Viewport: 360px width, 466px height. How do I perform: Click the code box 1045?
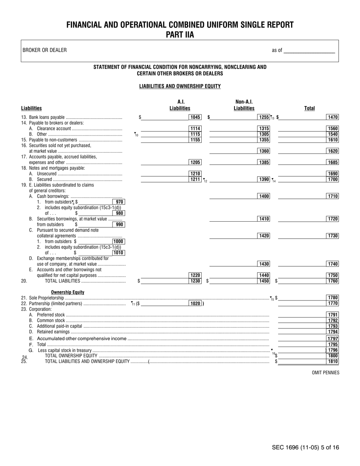coord(195,117)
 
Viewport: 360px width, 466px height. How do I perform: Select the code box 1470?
coord(333,117)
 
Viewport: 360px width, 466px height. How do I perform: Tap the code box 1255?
coord(263,117)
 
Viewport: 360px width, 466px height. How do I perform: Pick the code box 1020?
coord(195,303)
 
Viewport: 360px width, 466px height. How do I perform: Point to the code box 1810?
coord(333,361)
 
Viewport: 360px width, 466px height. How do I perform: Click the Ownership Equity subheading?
coord(68,292)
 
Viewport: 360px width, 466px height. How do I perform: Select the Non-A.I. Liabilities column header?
coord(244,105)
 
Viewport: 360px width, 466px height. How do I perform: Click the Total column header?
coord(310,108)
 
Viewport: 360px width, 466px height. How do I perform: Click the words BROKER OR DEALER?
coord(45,50)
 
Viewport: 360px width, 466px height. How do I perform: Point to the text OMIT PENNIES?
coord(326,372)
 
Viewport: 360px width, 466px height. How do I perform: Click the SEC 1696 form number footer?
coord(305,447)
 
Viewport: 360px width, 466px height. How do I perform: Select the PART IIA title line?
coord(180,35)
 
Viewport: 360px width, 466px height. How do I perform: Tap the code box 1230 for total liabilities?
coord(195,281)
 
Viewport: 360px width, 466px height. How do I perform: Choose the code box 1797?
coord(333,338)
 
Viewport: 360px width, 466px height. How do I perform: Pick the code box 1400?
coord(263,196)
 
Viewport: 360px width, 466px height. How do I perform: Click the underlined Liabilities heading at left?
coord(31,108)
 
